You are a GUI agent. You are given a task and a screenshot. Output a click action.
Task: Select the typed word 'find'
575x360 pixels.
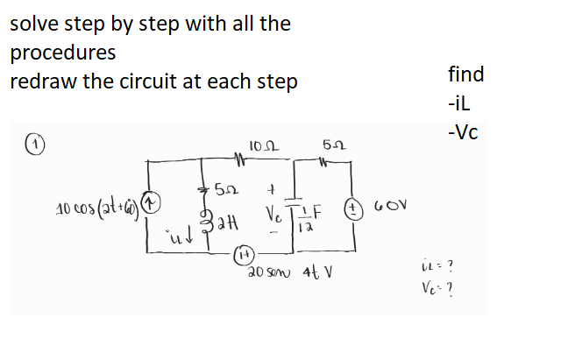(x=465, y=74)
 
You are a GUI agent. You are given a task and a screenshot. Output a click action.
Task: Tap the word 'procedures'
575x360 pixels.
(x=62, y=53)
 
